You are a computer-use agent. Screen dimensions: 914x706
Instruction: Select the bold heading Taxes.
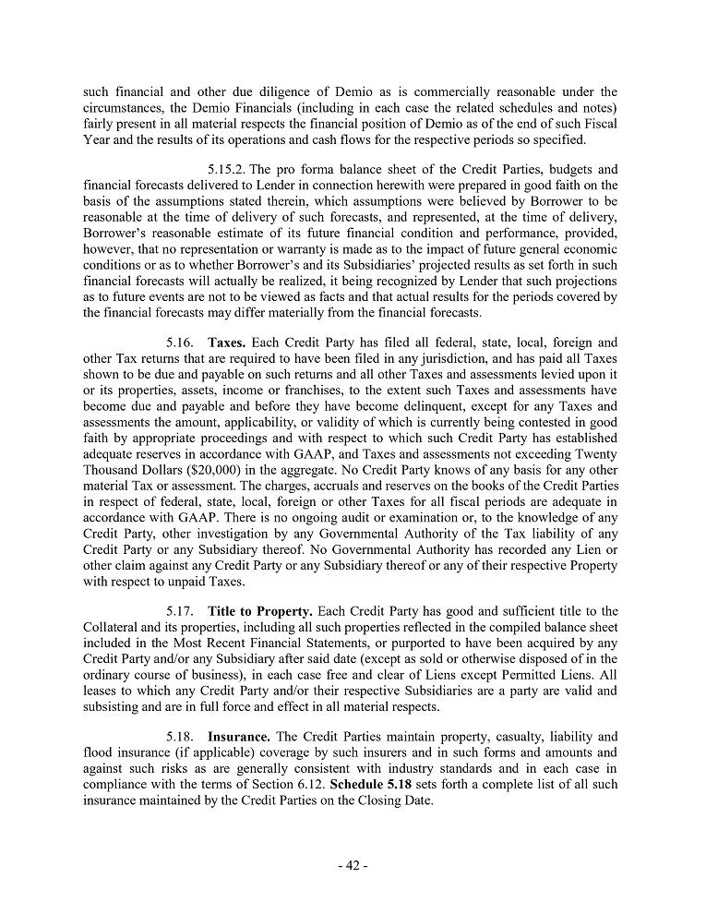pyautogui.click(x=226, y=342)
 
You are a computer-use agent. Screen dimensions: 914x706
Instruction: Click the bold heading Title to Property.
pyautogui.click(x=260, y=611)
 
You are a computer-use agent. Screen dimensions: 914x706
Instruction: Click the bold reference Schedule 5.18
pyautogui.click(x=369, y=784)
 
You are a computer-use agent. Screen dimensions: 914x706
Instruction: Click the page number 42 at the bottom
pyautogui.click(x=352, y=865)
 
